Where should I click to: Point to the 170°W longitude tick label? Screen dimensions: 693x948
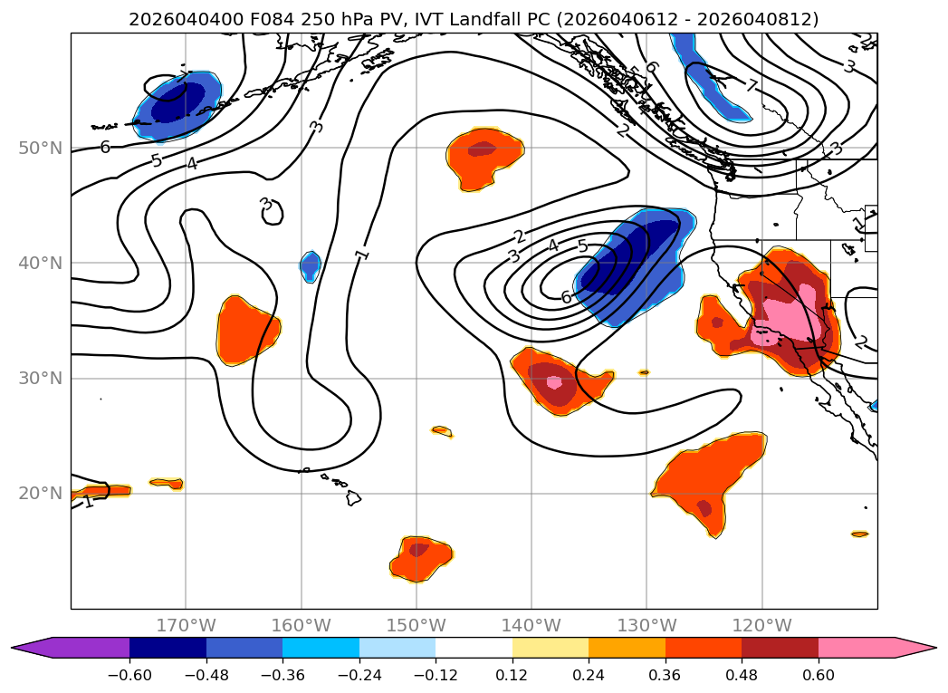click(x=186, y=625)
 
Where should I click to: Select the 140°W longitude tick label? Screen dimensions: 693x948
click(x=531, y=625)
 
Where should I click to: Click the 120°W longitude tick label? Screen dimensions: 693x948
click(x=761, y=625)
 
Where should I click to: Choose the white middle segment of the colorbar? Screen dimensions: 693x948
click(x=474, y=648)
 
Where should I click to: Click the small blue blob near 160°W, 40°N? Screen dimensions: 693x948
click(x=310, y=265)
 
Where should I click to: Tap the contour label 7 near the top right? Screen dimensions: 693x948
click(x=751, y=86)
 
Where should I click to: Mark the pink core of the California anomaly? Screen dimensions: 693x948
click(x=786, y=322)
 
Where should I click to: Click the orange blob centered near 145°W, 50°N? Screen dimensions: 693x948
click(x=484, y=158)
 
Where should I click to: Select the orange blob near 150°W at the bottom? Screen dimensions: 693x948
click(x=419, y=556)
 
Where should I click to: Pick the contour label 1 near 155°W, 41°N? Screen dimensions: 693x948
click(x=363, y=254)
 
